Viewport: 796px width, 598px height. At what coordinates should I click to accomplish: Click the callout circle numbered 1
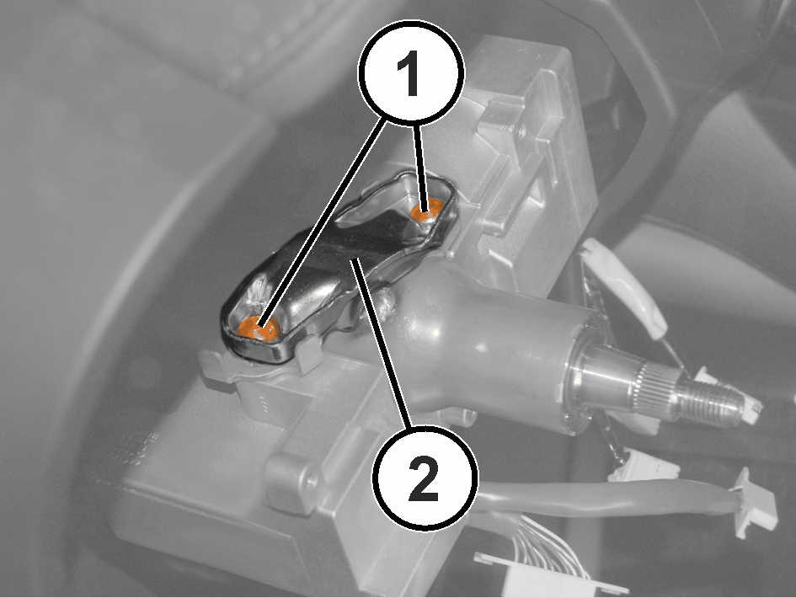[x=411, y=72]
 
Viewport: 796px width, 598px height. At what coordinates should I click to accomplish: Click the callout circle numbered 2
[x=425, y=478]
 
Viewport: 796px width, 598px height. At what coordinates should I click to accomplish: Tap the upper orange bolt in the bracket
[x=426, y=211]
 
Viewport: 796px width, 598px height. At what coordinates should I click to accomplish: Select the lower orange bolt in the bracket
[x=258, y=328]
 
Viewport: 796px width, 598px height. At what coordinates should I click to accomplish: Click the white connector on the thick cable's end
[x=753, y=503]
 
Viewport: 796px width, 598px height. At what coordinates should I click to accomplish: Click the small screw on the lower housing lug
[x=311, y=478]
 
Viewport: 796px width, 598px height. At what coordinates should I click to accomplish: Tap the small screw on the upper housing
[x=522, y=132]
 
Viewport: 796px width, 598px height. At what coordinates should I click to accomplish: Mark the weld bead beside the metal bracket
[x=385, y=303]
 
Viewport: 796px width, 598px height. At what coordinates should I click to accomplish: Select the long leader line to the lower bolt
[x=322, y=223]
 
